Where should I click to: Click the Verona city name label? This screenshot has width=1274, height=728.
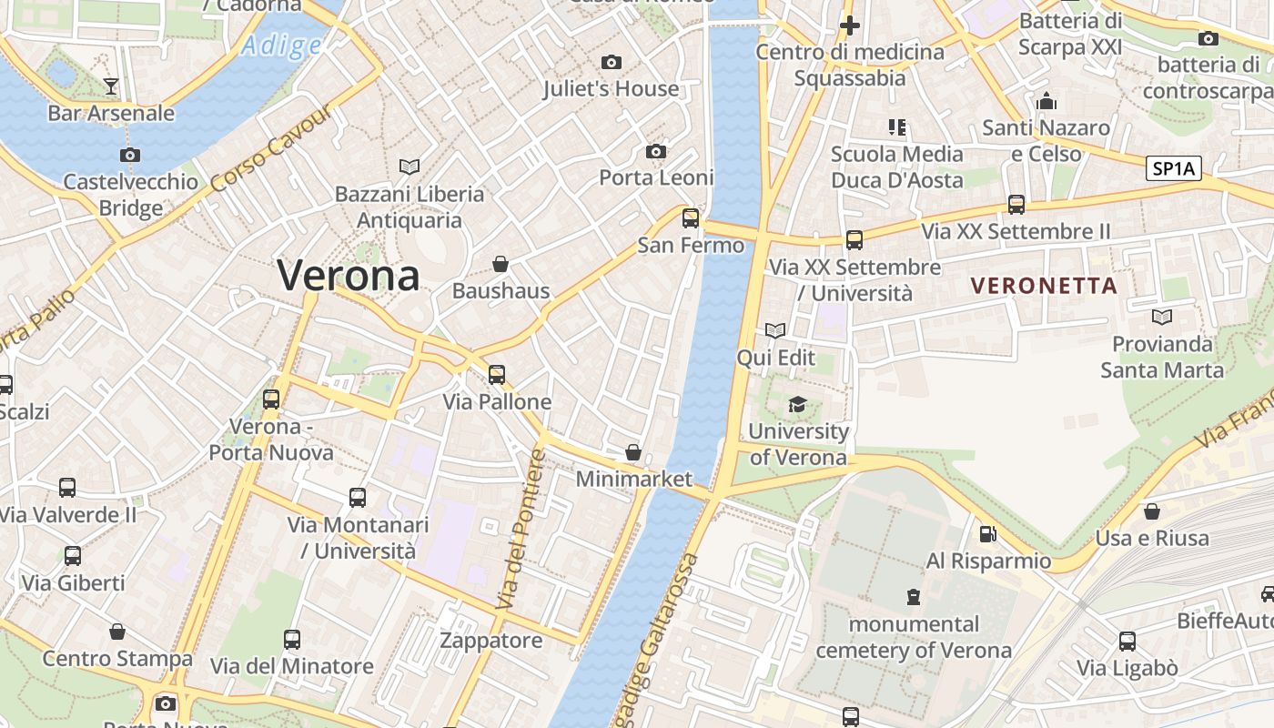pyautogui.click(x=349, y=275)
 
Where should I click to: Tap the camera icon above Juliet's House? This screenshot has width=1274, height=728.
pyautogui.click(x=612, y=62)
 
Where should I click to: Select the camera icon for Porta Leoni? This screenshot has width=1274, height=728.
pyautogui.click(x=655, y=151)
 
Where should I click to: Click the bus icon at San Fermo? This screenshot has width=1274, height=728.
pyautogui.click(x=691, y=218)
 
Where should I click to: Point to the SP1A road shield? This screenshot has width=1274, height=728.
pyautogui.click(x=1174, y=167)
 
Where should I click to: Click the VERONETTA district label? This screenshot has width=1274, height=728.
pyautogui.click(x=1044, y=286)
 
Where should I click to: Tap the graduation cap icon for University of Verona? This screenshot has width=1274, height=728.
pyautogui.click(x=797, y=404)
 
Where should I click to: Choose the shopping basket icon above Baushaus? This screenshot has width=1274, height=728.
pyautogui.click(x=500, y=265)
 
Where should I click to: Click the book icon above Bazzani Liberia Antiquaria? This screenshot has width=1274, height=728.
pyautogui.click(x=409, y=167)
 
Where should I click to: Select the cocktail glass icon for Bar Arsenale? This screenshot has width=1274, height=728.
pyautogui.click(x=111, y=86)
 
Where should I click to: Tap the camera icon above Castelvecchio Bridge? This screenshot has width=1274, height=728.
pyautogui.click(x=130, y=156)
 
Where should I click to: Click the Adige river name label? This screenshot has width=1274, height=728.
pyautogui.click(x=282, y=45)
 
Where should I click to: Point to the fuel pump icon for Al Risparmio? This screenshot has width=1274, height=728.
pyautogui.click(x=987, y=534)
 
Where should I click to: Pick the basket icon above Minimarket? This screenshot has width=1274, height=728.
pyautogui.click(x=633, y=452)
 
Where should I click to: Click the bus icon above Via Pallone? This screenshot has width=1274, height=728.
pyautogui.click(x=496, y=374)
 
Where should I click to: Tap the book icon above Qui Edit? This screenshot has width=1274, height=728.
pyautogui.click(x=775, y=330)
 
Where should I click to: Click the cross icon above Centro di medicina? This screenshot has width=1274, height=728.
pyautogui.click(x=850, y=25)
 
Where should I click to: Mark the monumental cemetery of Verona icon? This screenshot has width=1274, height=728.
pyautogui.click(x=913, y=597)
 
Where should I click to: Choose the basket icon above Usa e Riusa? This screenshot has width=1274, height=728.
pyautogui.click(x=1152, y=511)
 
